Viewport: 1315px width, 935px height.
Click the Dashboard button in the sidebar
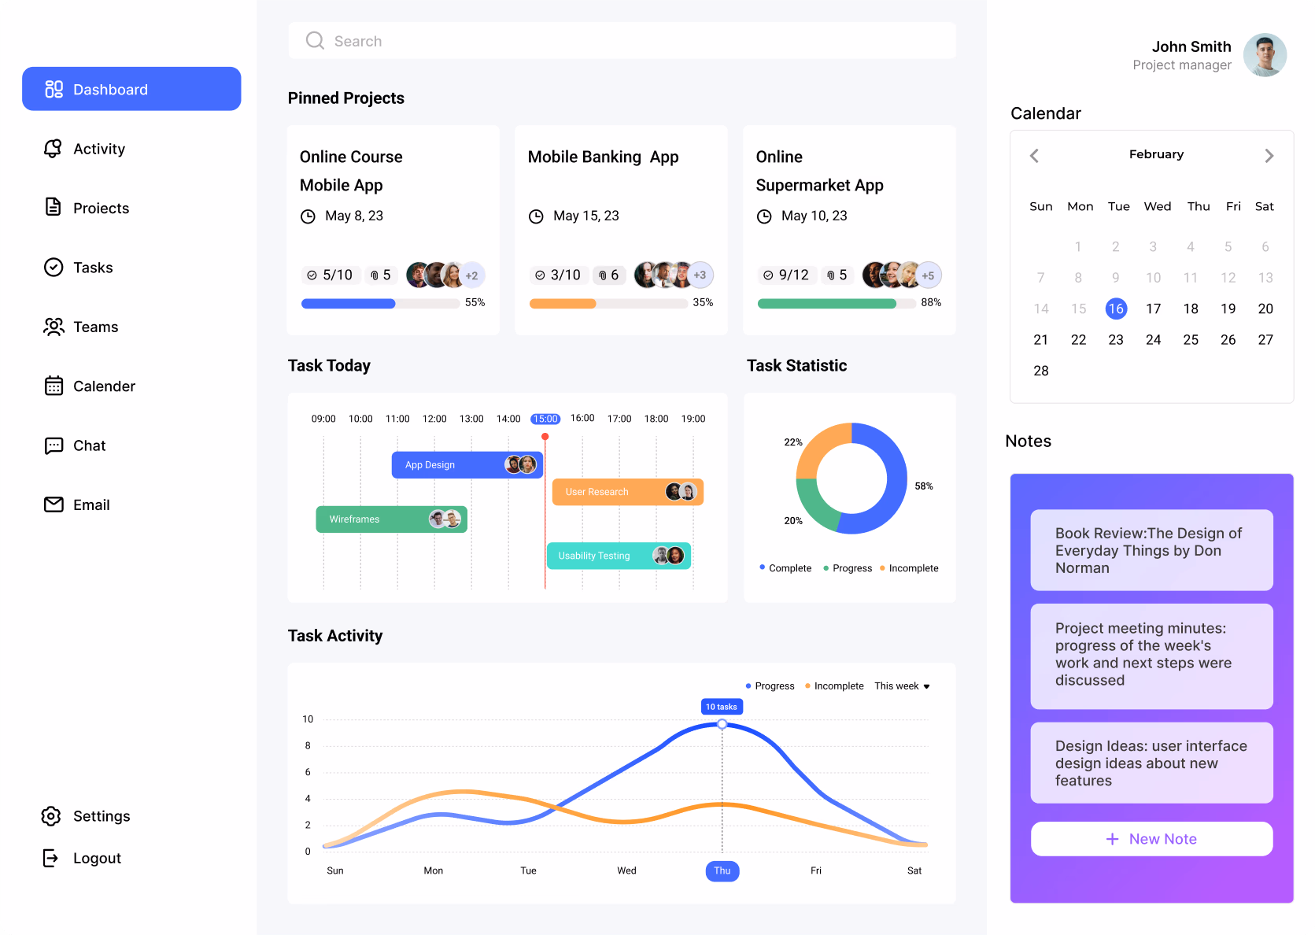tap(131, 89)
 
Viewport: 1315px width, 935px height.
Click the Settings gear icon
tap(51, 816)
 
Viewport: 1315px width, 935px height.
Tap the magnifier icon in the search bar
tap(315, 41)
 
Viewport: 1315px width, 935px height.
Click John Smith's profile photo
tap(1265, 55)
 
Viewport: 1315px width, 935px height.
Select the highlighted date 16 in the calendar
tap(1115, 309)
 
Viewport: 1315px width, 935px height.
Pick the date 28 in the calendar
tap(1040, 371)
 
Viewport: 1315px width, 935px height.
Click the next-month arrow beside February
tap(1269, 156)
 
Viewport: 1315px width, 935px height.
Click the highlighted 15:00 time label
tap(545, 419)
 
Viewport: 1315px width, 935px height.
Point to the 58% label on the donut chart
tap(924, 486)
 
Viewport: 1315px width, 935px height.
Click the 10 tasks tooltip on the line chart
tap(722, 707)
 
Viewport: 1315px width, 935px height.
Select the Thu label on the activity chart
tap(722, 870)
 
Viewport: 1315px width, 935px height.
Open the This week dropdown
tap(902, 686)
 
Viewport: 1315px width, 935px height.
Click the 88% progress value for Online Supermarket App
tap(931, 302)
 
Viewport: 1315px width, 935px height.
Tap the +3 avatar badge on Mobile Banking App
tap(700, 275)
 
